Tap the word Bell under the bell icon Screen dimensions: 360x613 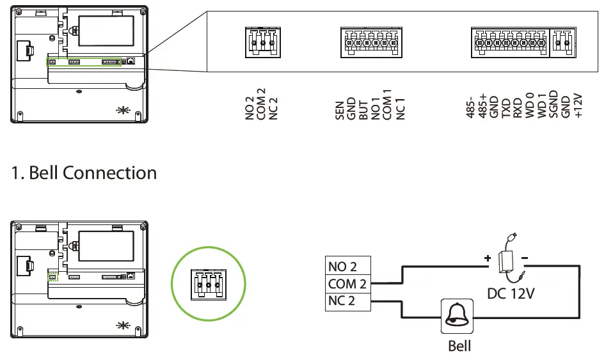click(x=459, y=346)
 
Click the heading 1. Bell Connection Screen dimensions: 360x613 click(x=84, y=173)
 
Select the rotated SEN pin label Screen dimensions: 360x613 click(x=340, y=110)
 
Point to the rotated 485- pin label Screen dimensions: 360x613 click(x=473, y=107)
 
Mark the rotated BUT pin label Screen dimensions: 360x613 click(x=364, y=110)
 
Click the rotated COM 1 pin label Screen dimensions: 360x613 click(x=388, y=106)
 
